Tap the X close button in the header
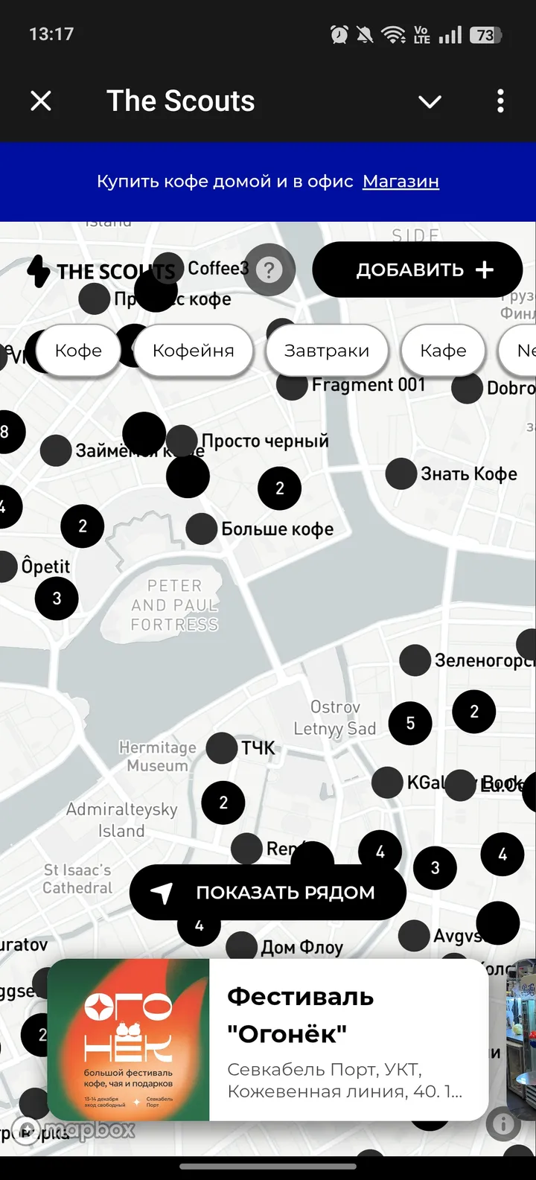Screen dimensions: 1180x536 point(41,101)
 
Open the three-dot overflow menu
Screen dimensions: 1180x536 point(500,101)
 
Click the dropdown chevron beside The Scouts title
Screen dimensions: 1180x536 point(430,101)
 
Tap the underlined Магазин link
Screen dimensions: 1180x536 point(401,182)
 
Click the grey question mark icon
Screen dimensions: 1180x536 point(269,270)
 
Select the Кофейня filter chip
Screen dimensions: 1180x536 point(193,351)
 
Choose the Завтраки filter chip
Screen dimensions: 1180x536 point(326,351)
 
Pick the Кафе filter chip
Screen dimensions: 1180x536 point(443,351)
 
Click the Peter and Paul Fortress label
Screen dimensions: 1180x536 point(174,605)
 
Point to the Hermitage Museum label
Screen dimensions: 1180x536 point(158,756)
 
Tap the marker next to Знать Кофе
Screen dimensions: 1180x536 point(401,474)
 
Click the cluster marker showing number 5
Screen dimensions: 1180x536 point(410,723)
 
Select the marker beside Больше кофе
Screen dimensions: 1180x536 point(202,529)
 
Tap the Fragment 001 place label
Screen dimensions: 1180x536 point(368,385)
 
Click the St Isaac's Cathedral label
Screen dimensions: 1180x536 point(77,878)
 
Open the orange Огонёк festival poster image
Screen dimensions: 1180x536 point(128,1040)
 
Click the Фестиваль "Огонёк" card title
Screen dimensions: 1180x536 point(300,1015)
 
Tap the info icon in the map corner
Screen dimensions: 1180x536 point(503,1124)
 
